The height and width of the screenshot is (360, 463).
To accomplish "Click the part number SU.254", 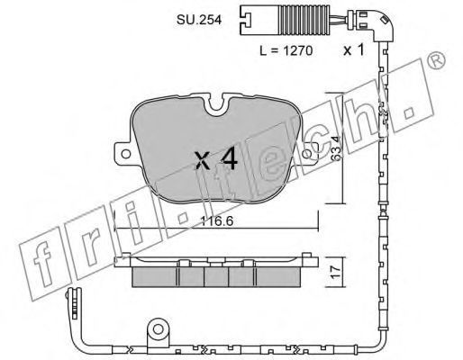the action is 199,20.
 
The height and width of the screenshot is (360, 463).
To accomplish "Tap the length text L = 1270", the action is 286,50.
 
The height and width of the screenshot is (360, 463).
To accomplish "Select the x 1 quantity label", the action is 354,49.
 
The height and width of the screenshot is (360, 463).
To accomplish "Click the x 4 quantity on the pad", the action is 216,159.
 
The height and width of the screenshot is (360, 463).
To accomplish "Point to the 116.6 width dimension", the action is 217,221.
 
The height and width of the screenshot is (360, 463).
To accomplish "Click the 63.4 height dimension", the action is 337,148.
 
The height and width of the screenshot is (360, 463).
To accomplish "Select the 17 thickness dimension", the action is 337,272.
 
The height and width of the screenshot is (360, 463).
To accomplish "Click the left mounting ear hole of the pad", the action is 125,154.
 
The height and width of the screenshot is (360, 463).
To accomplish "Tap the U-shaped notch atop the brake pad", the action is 216,104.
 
